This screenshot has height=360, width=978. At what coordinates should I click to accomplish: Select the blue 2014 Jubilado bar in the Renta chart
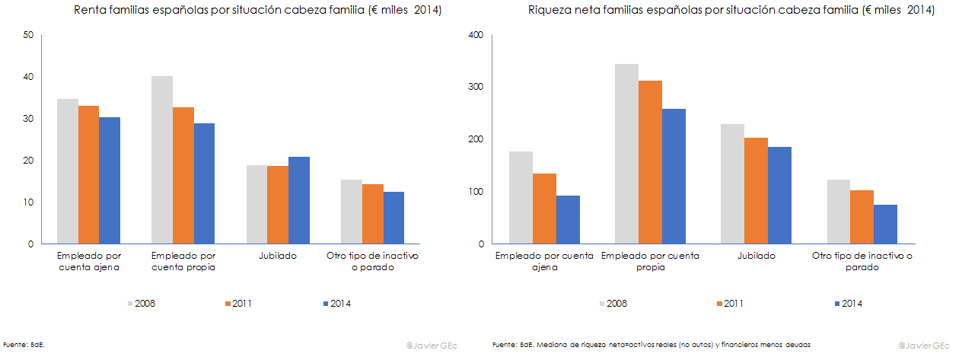pyautogui.click(x=299, y=200)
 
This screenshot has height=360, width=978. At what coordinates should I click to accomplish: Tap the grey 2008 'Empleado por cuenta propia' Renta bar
pyautogui.click(x=162, y=160)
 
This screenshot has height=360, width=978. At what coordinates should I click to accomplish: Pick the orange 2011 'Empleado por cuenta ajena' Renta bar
pyautogui.click(x=88, y=175)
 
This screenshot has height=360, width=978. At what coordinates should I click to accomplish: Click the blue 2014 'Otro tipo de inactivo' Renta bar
pyautogui.click(x=393, y=218)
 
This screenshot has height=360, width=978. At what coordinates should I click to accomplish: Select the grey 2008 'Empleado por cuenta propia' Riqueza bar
pyautogui.click(x=626, y=154)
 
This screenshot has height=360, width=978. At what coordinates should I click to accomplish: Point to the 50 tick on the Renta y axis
pyautogui.click(x=28, y=35)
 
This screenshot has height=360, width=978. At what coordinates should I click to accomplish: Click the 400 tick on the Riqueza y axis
pyautogui.click(x=476, y=35)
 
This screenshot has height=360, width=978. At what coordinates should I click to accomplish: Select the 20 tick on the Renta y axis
pyautogui.click(x=28, y=161)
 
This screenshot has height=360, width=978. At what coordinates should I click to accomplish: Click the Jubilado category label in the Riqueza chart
pyautogui.click(x=757, y=256)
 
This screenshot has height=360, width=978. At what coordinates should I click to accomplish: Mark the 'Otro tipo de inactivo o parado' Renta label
pyautogui.click(x=372, y=261)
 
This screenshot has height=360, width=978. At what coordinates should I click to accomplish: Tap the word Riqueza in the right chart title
pyautogui.click(x=548, y=11)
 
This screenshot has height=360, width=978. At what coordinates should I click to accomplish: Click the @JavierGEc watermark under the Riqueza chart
pyautogui.click(x=924, y=346)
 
